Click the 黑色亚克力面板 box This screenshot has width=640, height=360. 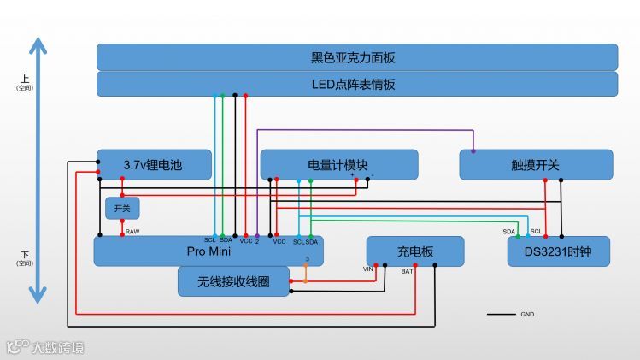[356, 57]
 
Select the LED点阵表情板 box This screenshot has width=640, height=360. [356, 84]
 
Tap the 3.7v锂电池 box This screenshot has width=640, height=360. [154, 164]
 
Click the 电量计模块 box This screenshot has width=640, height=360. [338, 164]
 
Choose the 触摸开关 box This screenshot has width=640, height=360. [536, 164]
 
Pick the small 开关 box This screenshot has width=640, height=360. [122, 208]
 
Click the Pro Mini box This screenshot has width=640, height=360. [208, 251]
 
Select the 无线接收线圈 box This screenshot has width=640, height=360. [233, 281]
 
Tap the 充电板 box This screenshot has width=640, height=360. [415, 251]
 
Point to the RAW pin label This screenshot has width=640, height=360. [132, 232]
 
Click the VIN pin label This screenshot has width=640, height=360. [369, 269]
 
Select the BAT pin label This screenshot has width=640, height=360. [408, 271]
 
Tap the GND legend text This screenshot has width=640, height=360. [527, 315]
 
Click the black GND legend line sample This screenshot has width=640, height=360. [501, 315]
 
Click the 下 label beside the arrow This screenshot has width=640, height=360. [25, 255]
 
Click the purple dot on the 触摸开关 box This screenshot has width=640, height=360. [473, 151]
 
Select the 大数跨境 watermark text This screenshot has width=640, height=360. [58, 348]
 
